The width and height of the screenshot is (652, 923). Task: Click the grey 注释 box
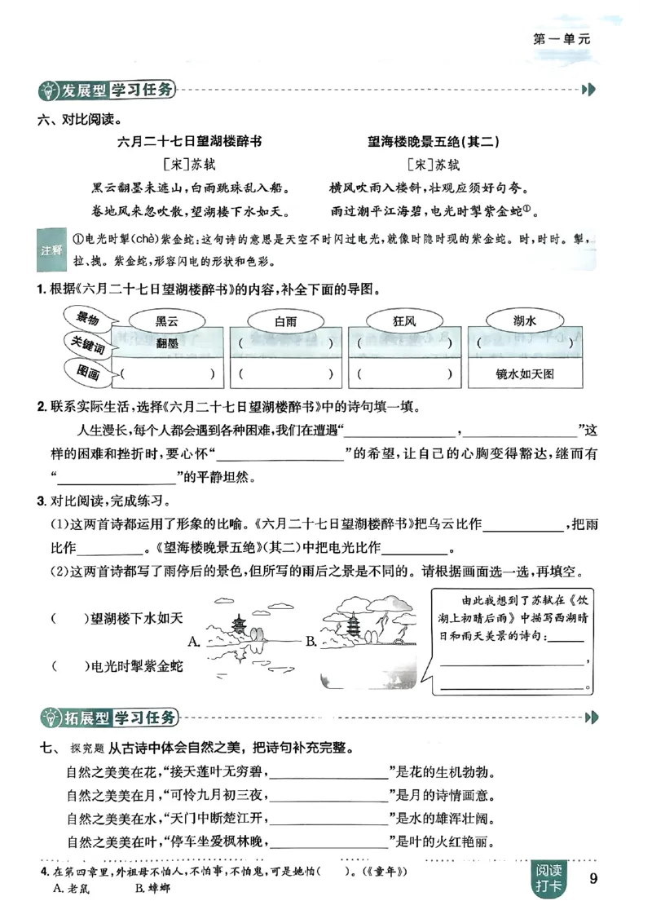51,250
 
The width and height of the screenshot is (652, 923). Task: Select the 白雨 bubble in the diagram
284,321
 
